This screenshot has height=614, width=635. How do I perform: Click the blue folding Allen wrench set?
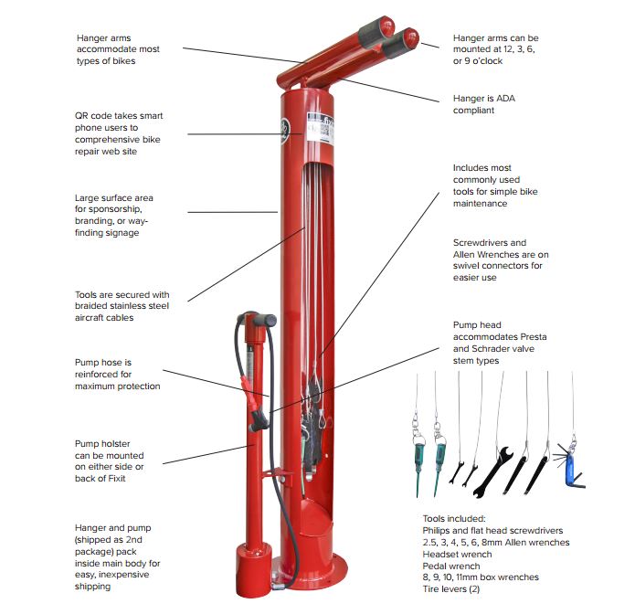click(569, 467)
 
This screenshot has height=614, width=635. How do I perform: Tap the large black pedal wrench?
click(493, 471)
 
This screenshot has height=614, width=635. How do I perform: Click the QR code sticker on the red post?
click(321, 127)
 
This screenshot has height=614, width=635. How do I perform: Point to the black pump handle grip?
click(265, 320)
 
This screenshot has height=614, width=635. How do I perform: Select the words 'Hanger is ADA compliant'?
click(484, 104)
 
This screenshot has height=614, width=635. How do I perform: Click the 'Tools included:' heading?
click(453, 518)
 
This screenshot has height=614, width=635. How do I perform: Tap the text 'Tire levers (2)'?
click(450, 589)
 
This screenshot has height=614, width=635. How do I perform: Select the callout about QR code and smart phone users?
click(119, 133)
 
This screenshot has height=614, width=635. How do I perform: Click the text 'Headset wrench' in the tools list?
click(457, 554)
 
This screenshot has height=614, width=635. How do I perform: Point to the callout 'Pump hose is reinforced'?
click(118, 375)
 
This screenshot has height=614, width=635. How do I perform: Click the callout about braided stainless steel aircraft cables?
click(122, 306)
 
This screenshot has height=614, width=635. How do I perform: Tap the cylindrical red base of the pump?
click(253, 571)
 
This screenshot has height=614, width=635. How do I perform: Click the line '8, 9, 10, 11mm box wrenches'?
click(481, 577)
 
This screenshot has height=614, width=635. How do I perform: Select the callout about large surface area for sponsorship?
click(114, 215)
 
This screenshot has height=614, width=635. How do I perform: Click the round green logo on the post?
click(284, 129)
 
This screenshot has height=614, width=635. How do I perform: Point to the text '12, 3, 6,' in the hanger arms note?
click(519, 49)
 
